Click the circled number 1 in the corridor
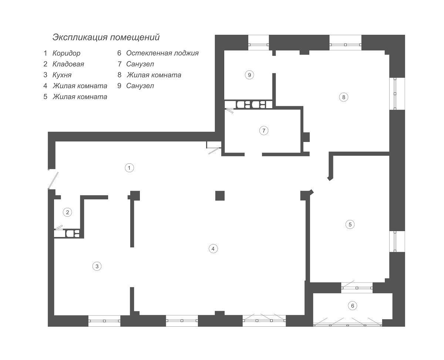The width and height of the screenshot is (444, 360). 129,168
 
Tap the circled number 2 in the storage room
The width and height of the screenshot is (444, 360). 67,212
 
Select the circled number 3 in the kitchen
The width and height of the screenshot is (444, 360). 97,266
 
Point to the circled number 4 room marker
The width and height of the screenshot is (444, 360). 213,249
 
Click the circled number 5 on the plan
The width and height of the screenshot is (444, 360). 350,224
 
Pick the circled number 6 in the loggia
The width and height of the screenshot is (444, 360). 353,306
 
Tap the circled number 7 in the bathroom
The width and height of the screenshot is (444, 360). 264,131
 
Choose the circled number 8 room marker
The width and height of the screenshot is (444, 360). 343,97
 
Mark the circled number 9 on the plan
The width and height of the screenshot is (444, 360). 249,75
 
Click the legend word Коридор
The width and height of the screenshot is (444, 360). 66,53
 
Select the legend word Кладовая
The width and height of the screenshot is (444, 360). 68,64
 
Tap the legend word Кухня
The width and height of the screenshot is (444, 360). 62,75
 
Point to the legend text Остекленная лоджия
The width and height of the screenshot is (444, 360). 162,53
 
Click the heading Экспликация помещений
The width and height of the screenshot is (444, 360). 106,37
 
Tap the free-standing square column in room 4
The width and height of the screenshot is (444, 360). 220,196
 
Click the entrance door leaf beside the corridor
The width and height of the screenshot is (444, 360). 53,180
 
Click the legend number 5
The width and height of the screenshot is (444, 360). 46,97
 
